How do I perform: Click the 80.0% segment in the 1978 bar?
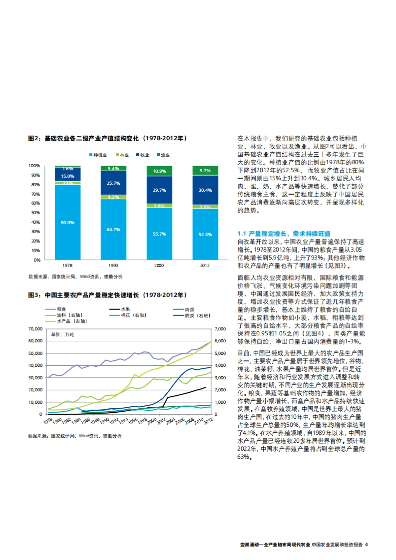pyautogui.click(x=68, y=222)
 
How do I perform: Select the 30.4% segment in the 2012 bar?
pyautogui.click(x=205, y=190)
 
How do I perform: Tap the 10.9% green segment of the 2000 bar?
pyautogui.click(x=159, y=171)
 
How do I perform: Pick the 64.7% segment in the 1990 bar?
pyautogui.click(x=114, y=229)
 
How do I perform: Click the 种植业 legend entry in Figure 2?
pyautogui.click(x=98, y=155)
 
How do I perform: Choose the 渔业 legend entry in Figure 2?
pyautogui.click(x=163, y=155)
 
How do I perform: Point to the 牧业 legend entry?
pyautogui.click(x=143, y=155)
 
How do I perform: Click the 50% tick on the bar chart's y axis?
pyautogui.click(x=36, y=213)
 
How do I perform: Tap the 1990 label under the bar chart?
pyautogui.click(x=113, y=265)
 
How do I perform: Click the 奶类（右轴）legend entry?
pyautogui.click(x=192, y=315)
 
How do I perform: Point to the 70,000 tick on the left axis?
pyautogui.click(x=36, y=329)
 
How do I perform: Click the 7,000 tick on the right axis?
pyautogui.click(x=220, y=329)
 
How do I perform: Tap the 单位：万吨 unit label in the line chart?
pyautogui.click(x=62, y=334)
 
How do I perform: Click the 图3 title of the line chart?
pyautogui.click(x=108, y=295)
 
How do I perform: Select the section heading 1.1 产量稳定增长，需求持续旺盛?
pyautogui.click(x=284, y=233)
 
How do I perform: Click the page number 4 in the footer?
pyautogui.click(x=366, y=544)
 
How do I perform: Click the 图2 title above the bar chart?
pyautogui.click(x=108, y=139)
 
